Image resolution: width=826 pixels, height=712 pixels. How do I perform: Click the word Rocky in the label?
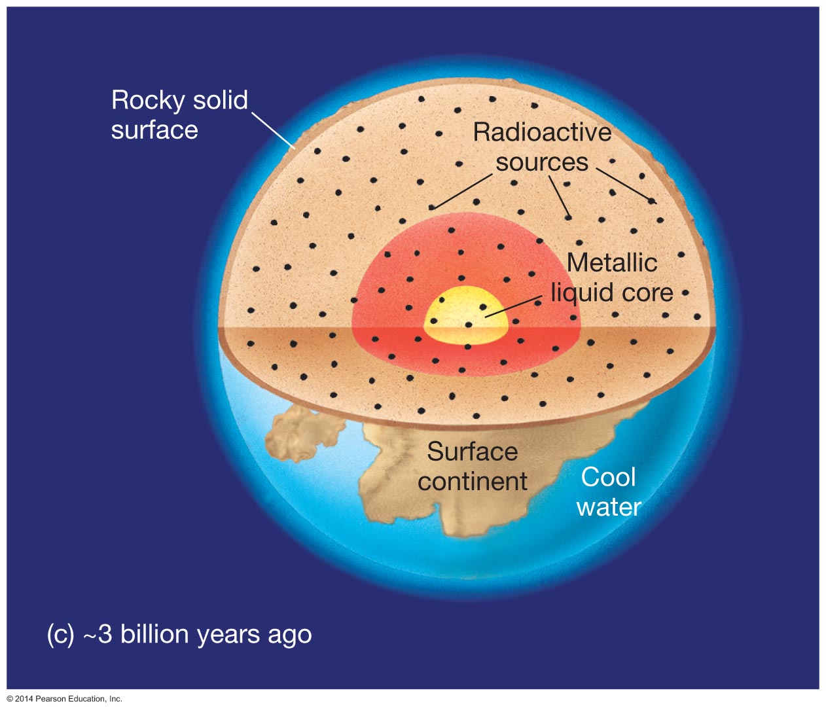click(148, 101)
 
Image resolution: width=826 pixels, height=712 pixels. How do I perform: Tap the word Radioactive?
click(543, 132)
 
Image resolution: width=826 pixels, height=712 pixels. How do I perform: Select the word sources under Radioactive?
click(542, 162)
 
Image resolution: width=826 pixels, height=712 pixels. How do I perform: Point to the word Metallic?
click(612, 262)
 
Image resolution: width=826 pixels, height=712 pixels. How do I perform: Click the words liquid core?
click(612, 293)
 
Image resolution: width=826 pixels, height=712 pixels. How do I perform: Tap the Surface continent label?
click(473, 467)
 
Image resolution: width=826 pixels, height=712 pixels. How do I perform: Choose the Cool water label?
click(609, 492)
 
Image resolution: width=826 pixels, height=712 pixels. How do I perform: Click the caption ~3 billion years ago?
click(198, 634)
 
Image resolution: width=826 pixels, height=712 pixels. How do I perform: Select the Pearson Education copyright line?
click(64, 699)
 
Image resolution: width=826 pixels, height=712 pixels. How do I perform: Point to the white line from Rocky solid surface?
click(274, 131)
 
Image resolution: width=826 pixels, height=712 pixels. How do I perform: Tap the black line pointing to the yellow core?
click(514, 306)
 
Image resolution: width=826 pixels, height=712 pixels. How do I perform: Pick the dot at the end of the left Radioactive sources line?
click(431, 207)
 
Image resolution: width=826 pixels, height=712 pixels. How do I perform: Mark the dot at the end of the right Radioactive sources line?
click(651, 200)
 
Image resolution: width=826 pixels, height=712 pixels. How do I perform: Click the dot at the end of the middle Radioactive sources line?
click(568, 217)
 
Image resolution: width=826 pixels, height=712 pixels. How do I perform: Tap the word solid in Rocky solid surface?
click(221, 100)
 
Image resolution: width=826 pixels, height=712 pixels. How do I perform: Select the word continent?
click(473, 482)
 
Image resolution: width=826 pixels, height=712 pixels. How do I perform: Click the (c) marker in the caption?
click(60, 635)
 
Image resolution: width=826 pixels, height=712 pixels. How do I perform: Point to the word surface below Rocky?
click(154, 131)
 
